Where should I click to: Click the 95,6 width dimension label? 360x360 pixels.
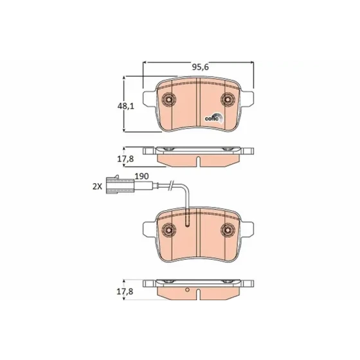click(x=200, y=67)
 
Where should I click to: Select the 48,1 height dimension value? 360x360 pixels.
click(x=125, y=106)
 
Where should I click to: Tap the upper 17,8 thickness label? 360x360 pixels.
click(x=125, y=159)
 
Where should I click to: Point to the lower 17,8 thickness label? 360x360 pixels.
click(x=125, y=292)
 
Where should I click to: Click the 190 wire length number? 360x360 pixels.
click(x=141, y=176)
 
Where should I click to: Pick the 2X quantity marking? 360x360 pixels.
click(x=97, y=186)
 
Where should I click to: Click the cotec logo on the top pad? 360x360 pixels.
click(x=213, y=118)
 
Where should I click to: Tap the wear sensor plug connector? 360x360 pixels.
click(x=120, y=185)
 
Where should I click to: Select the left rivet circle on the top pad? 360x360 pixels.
click(x=170, y=100)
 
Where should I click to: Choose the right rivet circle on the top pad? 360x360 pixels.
click(x=228, y=100)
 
